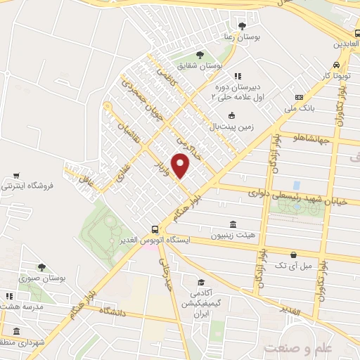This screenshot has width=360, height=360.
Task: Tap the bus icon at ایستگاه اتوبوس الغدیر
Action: pos(154,229)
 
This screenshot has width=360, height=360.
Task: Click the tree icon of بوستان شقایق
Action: pos(200,54)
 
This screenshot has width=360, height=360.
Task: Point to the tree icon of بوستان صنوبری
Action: pos(41,266)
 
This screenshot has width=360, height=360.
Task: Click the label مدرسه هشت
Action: pos(25,307)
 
